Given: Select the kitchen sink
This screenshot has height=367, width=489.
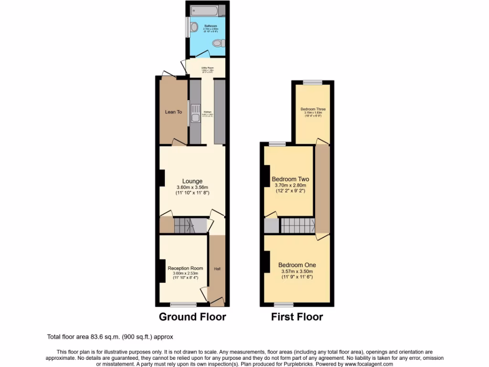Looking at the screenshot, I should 194,116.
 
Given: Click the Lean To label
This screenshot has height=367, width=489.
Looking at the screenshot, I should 173,112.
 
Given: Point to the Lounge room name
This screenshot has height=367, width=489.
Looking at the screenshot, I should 192,181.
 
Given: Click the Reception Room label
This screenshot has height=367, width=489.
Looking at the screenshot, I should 185,268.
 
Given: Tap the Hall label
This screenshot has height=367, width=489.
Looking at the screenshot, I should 217,269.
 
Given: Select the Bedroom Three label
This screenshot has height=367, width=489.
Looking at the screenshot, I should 313,109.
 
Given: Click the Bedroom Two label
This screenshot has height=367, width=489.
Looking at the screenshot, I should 290,179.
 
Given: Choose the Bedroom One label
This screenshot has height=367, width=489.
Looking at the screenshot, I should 297,265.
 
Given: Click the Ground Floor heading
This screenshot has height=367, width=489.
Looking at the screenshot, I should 192,316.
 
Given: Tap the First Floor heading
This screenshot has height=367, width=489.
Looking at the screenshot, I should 297,316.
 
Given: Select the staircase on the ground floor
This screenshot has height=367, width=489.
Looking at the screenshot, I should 190,225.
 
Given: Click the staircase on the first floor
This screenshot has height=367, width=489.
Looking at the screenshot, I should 296,225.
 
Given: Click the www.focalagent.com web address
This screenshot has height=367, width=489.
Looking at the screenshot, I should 363,364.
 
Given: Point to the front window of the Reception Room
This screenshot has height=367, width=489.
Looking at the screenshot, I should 183,304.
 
